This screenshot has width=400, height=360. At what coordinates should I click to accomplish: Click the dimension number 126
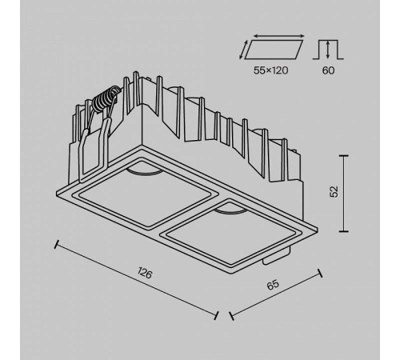point(144,274)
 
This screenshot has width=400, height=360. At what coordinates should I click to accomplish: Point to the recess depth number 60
point(329,70)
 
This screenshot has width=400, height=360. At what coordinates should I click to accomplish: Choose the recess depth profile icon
point(329,50)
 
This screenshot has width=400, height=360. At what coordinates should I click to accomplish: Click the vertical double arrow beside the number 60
point(312,50)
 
